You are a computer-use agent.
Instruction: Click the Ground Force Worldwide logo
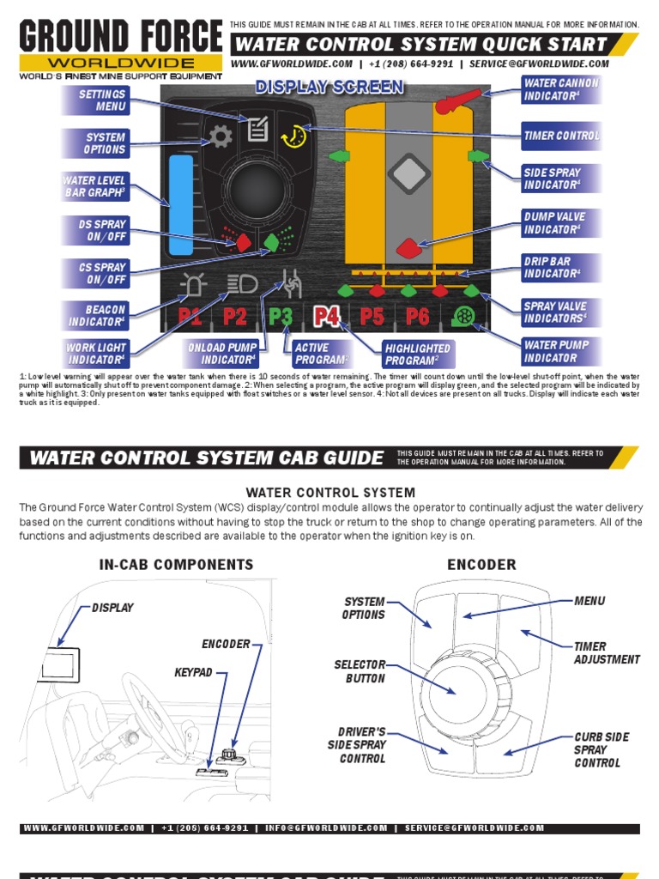121,47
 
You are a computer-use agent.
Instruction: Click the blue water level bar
181,205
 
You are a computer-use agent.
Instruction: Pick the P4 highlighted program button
327,316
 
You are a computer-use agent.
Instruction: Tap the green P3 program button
281,316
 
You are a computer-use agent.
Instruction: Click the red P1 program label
190,316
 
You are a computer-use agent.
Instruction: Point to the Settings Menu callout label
96,100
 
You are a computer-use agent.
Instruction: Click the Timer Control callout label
561,136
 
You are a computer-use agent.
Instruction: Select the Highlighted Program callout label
418,355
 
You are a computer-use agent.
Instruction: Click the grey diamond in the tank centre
408,173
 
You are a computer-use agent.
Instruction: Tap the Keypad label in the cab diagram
193,673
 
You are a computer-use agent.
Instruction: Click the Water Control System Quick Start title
420,44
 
